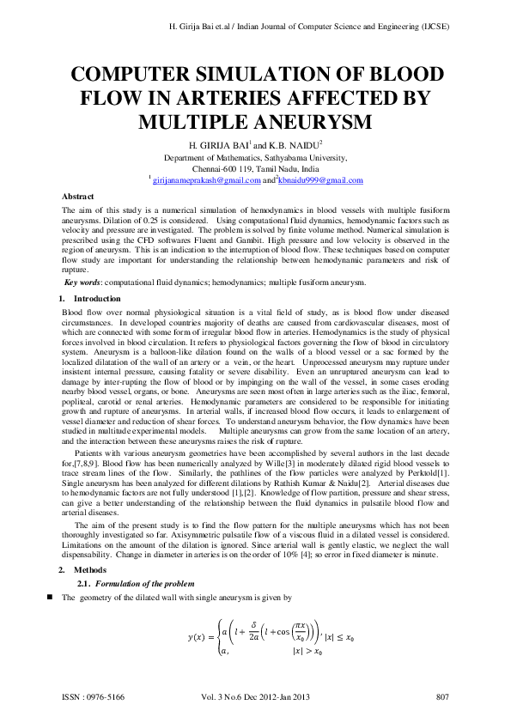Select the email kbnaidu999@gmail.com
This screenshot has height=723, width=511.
click(320, 180)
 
